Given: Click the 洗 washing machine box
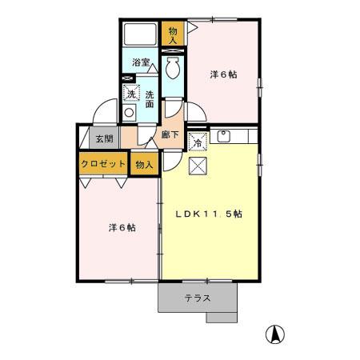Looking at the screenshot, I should click(x=131, y=94).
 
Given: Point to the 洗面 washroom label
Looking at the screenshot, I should click(x=150, y=98).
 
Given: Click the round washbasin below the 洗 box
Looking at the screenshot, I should click(x=130, y=113).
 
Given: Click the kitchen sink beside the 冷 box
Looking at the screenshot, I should click(x=223, y=136).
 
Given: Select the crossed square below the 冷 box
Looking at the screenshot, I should click(x=198, y=166).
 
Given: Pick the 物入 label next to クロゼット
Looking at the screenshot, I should click(x=143, y=164).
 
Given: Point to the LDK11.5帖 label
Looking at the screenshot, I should click(x=210, y=214).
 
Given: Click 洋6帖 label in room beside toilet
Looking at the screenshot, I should click(x=223, y=74).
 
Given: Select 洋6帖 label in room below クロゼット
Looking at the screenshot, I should click(x=122, y=227).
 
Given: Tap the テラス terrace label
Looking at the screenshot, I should click(x=198, y=298).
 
